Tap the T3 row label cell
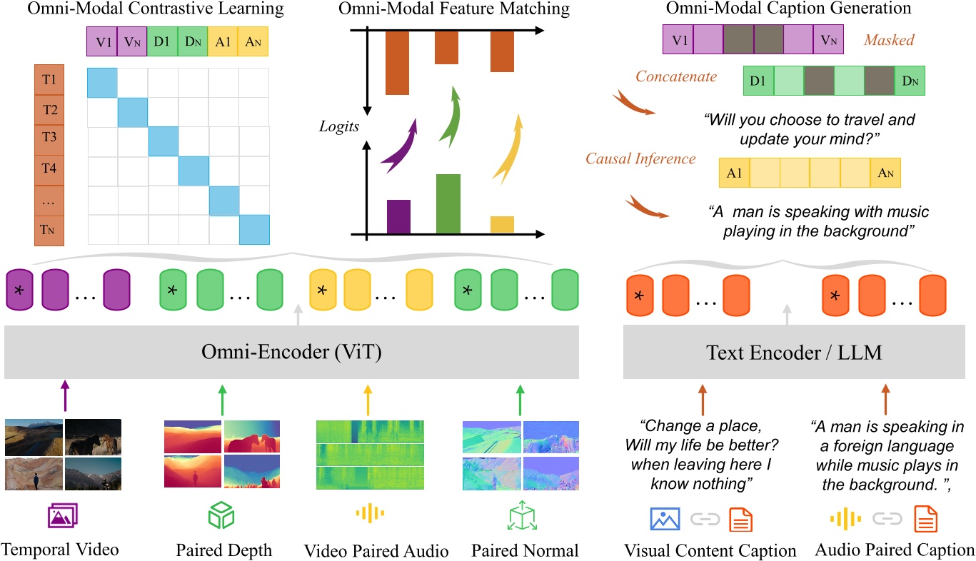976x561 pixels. click(49, 140)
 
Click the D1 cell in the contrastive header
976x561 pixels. click(162, 42)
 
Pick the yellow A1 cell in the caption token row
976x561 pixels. click(734, 173)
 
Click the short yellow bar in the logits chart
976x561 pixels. click(502, 224)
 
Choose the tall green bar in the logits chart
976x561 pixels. click(448, 204)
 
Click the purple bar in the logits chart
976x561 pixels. click(398, 217)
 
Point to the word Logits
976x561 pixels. click(339, 126)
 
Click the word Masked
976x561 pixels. click(890, 40)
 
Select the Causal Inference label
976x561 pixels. click(640, 158)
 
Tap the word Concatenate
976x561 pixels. click(675, 76)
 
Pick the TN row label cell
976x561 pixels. click(49, 230)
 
